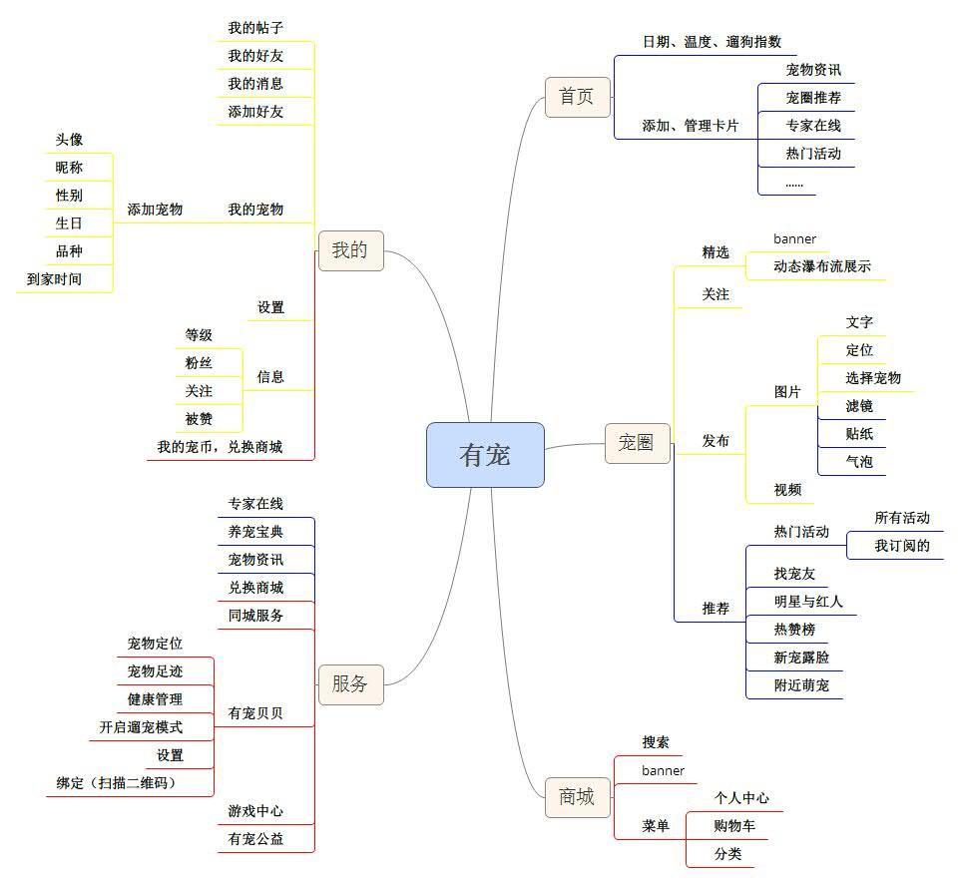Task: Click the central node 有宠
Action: [485, 455]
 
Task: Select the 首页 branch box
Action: [577, 97]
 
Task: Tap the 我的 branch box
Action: [350, 250]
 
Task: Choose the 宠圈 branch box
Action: [637, 443]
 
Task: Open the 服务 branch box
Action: [350, 684]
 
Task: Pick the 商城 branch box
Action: [577, 797]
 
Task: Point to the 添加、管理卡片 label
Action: [691, 126]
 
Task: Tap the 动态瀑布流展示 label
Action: [822, 266]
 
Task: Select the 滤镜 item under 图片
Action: [859, 406]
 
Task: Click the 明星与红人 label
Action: [808, 602]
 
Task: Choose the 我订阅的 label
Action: [902, 546]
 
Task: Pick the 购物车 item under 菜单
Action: [733, 826]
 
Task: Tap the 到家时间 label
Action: [54, 279]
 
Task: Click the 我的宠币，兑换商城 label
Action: [220, 447]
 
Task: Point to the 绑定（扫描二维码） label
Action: [116, 783]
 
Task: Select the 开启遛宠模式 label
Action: [141, 727]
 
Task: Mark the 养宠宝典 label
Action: [255, 532]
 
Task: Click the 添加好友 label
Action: [255, 112]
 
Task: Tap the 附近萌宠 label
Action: [801, 685]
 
